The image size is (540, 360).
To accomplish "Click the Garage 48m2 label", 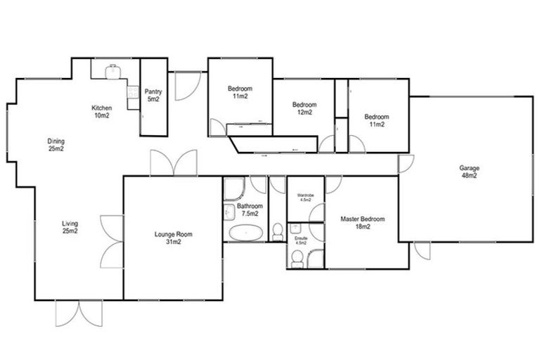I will point(468,172).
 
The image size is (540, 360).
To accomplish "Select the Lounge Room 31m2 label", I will point(173,238).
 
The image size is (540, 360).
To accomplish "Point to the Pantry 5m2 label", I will point(153,96).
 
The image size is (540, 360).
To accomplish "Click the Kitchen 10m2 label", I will point(101,111).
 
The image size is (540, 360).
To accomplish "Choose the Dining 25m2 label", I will point(56,145).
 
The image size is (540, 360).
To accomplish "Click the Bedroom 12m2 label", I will point(304,108).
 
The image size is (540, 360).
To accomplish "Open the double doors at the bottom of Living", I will point(75,313).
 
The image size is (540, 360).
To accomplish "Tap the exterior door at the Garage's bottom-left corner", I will point(422,250).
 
